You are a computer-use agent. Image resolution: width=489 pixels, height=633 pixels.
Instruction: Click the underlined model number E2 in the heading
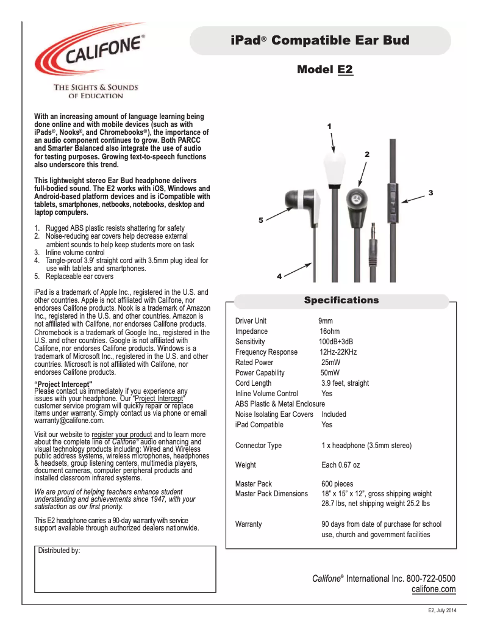345,70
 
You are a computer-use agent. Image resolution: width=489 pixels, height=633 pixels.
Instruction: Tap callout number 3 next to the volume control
430,193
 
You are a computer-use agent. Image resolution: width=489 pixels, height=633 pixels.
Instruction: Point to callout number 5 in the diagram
260,220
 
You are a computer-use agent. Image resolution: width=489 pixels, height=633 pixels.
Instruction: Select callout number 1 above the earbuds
329,126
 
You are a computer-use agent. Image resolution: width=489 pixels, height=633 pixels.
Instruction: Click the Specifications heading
341,300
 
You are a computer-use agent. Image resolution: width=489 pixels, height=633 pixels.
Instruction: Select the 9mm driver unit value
325,321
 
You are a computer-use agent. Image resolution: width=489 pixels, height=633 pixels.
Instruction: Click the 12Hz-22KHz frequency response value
338,352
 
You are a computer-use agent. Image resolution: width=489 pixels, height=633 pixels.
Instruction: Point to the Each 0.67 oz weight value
340,465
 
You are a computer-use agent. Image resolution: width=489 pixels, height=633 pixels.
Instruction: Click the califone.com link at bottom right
434,589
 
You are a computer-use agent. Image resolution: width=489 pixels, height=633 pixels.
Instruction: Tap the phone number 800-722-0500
430,578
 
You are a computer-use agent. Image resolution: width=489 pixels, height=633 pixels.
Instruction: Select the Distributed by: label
59,551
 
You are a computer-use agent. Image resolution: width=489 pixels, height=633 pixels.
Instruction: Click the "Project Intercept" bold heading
63,383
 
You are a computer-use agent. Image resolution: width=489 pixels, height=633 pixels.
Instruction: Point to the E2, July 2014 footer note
441,611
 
